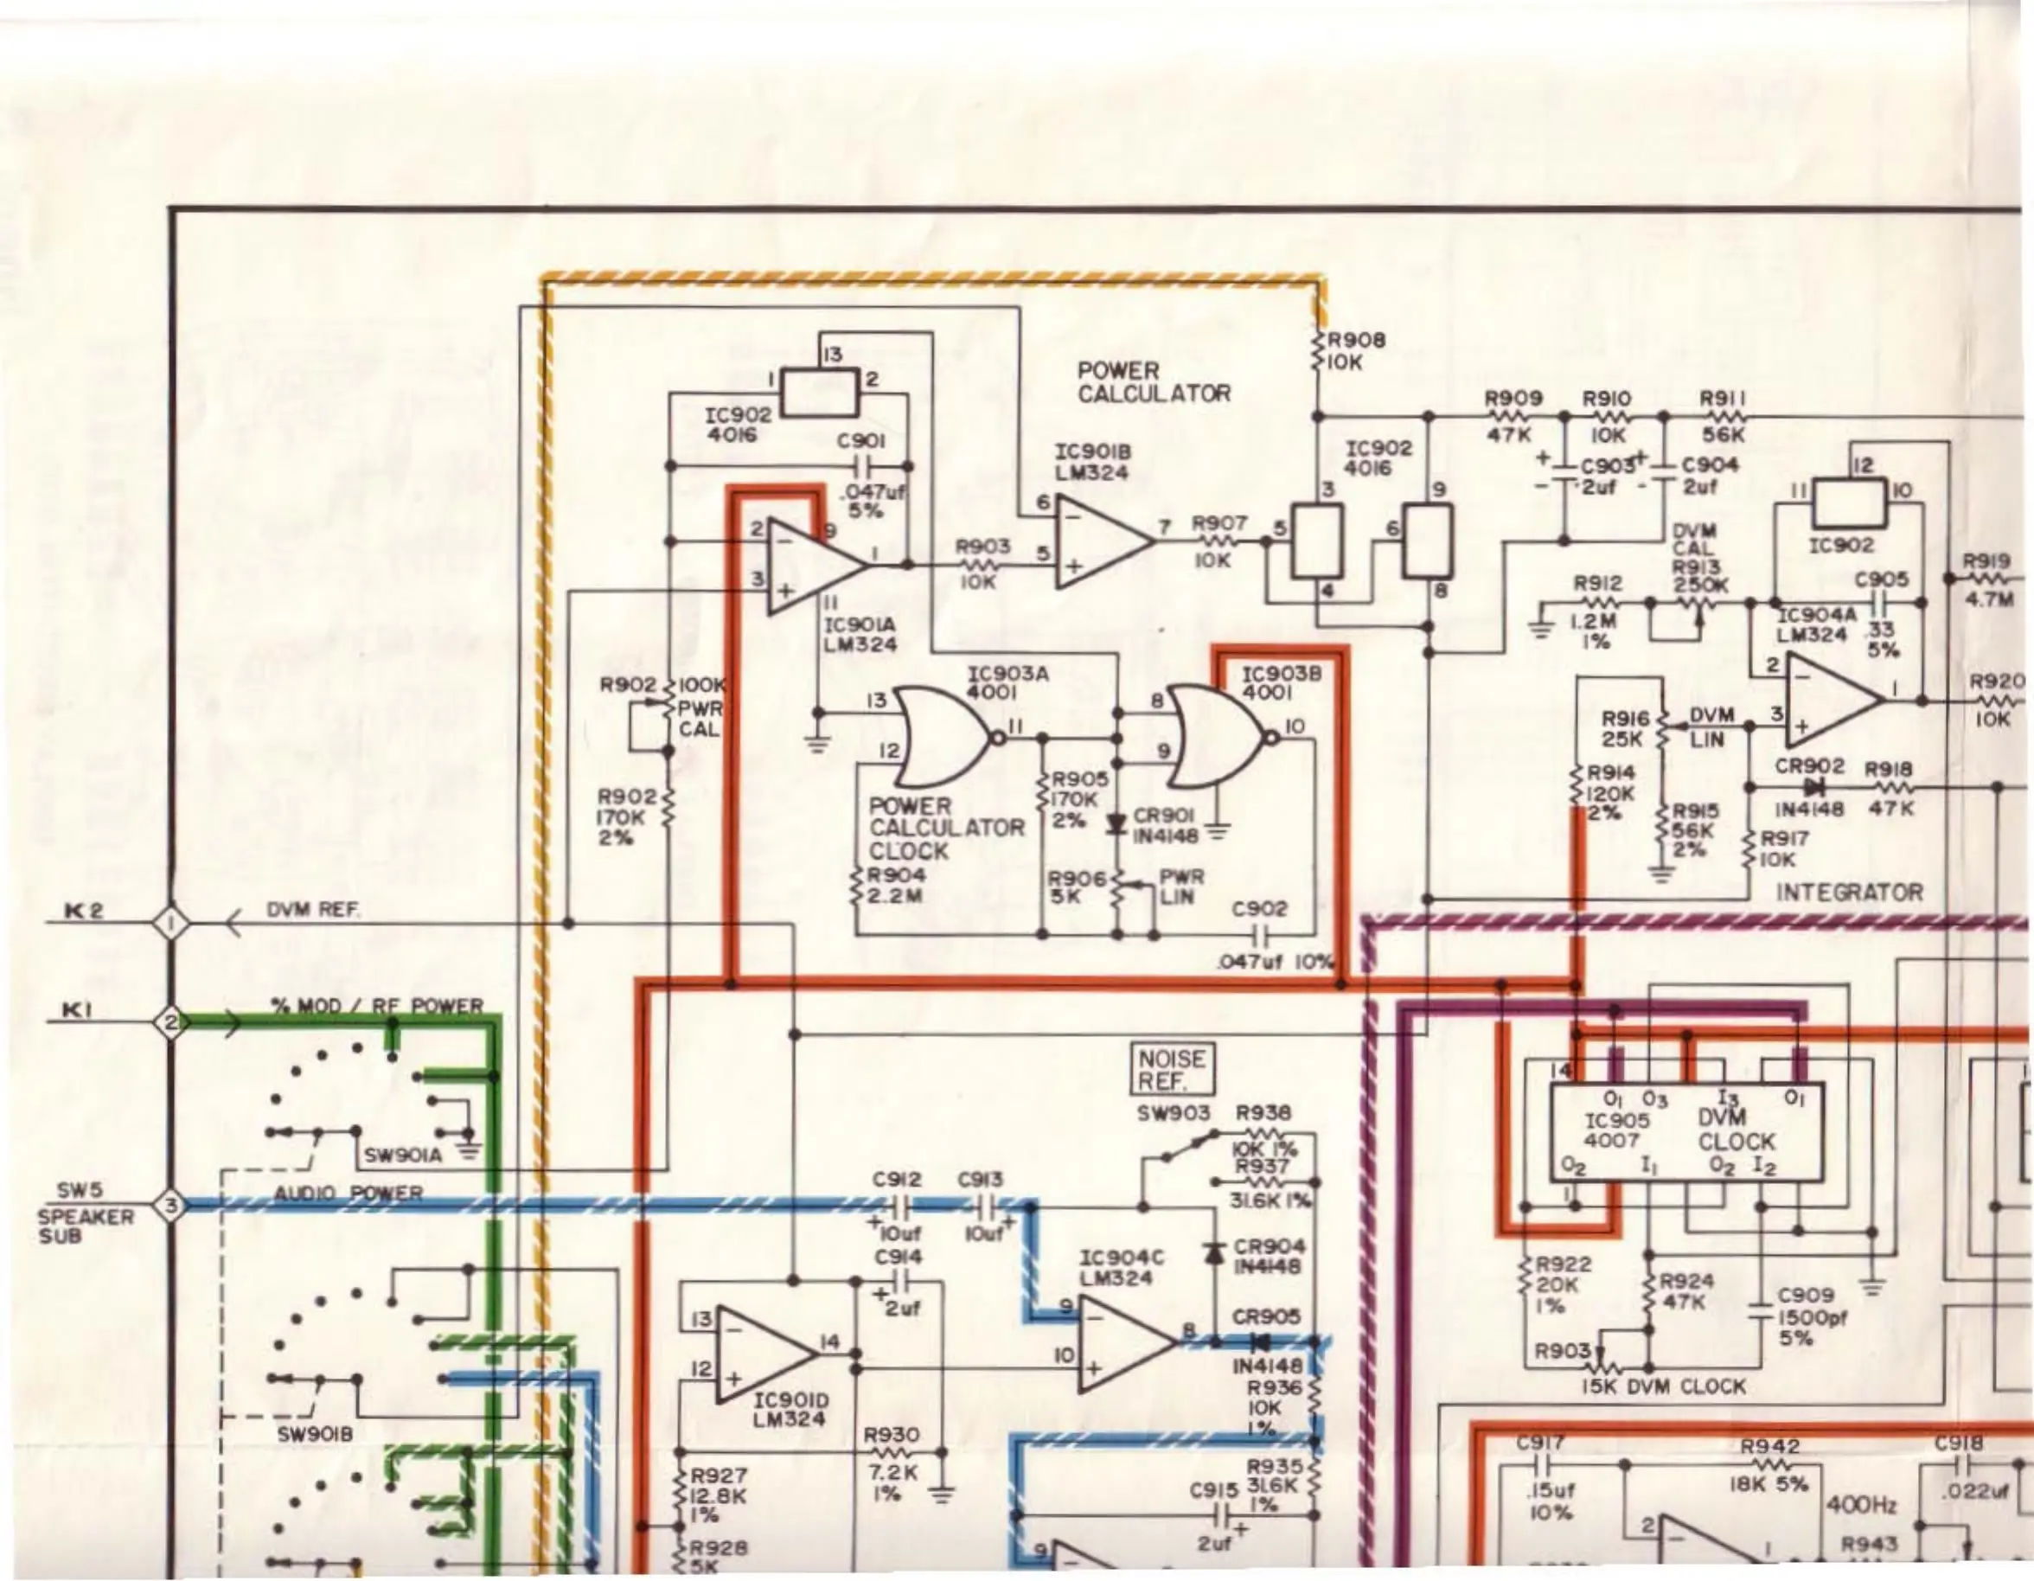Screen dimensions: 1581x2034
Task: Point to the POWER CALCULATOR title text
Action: [1153, 383]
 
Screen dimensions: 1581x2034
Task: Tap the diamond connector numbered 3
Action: [171, 1207]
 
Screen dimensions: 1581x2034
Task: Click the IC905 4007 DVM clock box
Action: [1685, 1132]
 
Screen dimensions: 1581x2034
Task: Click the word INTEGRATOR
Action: [1849, 893]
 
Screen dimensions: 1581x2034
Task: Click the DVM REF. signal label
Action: [313, 910]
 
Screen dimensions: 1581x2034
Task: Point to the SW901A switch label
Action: [402, 1155]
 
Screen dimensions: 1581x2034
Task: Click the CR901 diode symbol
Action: [1116, 824]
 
